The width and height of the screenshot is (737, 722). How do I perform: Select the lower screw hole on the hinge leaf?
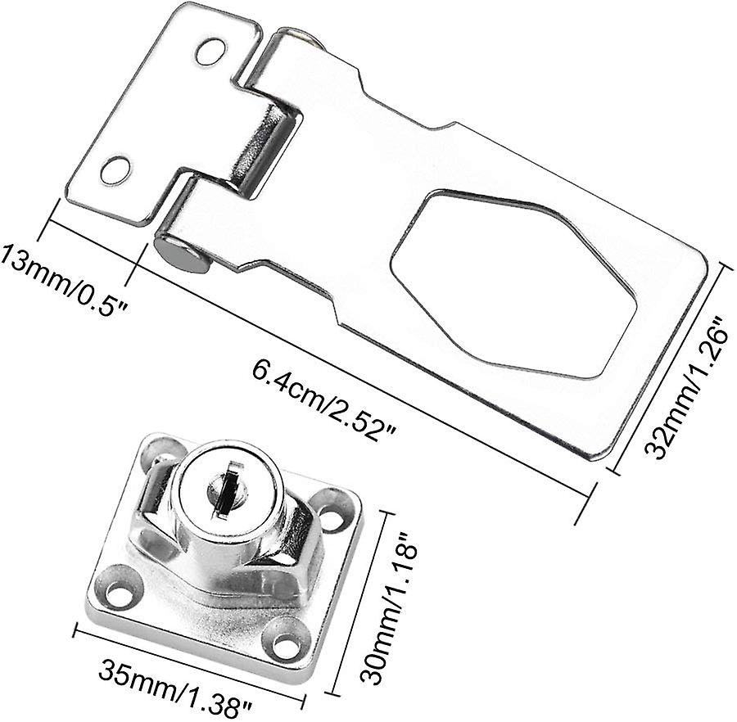point(115,170)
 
